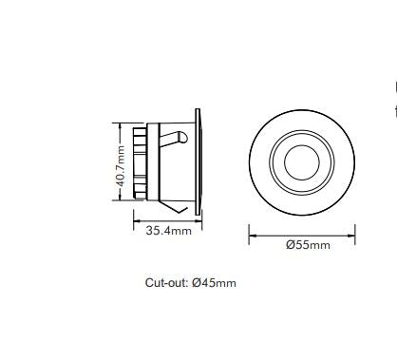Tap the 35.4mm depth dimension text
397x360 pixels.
click(168, 231)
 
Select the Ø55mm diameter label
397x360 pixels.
click(309, 245)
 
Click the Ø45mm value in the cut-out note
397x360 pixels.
click(214, 283)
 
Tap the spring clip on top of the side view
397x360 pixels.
click(175, 139)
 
